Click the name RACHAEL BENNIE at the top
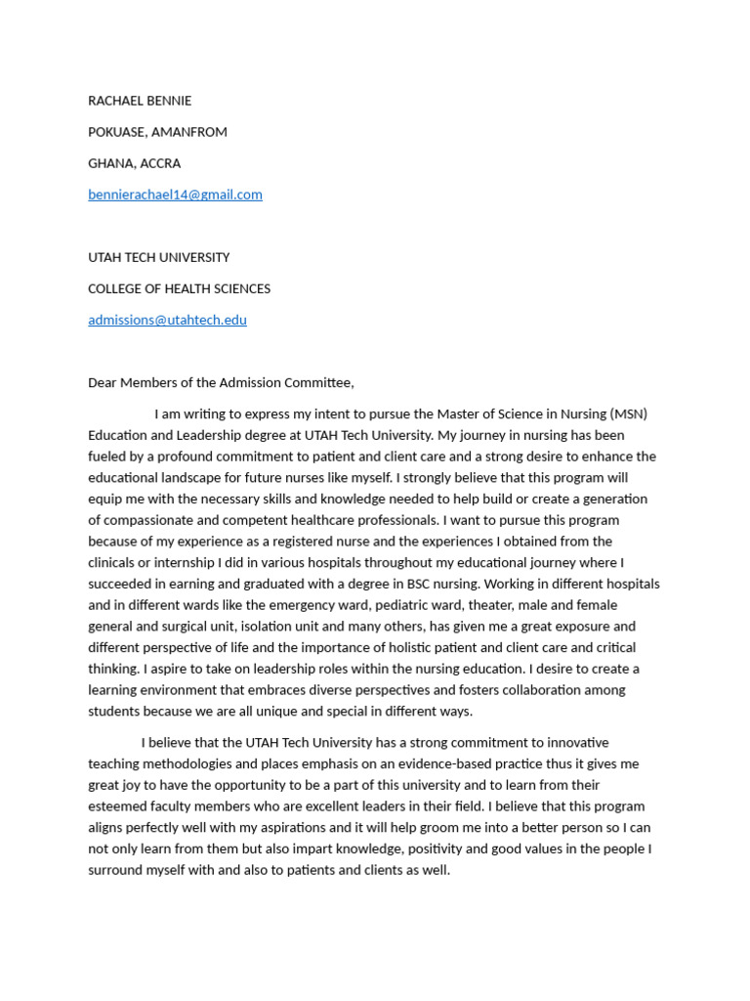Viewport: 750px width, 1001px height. point(140,101)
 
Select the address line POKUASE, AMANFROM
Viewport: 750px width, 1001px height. point(157,132)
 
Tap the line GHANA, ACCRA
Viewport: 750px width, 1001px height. point(134,163)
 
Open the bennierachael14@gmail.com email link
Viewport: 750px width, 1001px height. point(175,195)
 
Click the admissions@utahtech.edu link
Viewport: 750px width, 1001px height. point(167,320)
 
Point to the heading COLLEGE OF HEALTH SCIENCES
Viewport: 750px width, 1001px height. point(179,288)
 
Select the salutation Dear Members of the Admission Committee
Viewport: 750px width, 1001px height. point(221,382)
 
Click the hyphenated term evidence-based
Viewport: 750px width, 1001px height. point(437,763)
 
